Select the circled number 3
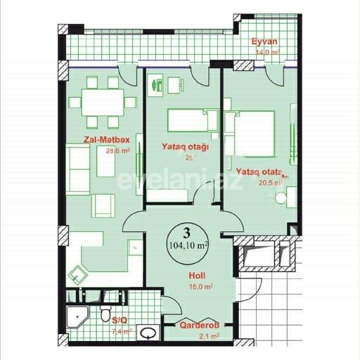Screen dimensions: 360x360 186,233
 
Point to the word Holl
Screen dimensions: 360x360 197,276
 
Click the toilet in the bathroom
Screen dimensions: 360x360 105,311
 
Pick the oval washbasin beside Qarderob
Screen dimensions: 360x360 148,332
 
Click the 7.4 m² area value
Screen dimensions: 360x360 121,330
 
